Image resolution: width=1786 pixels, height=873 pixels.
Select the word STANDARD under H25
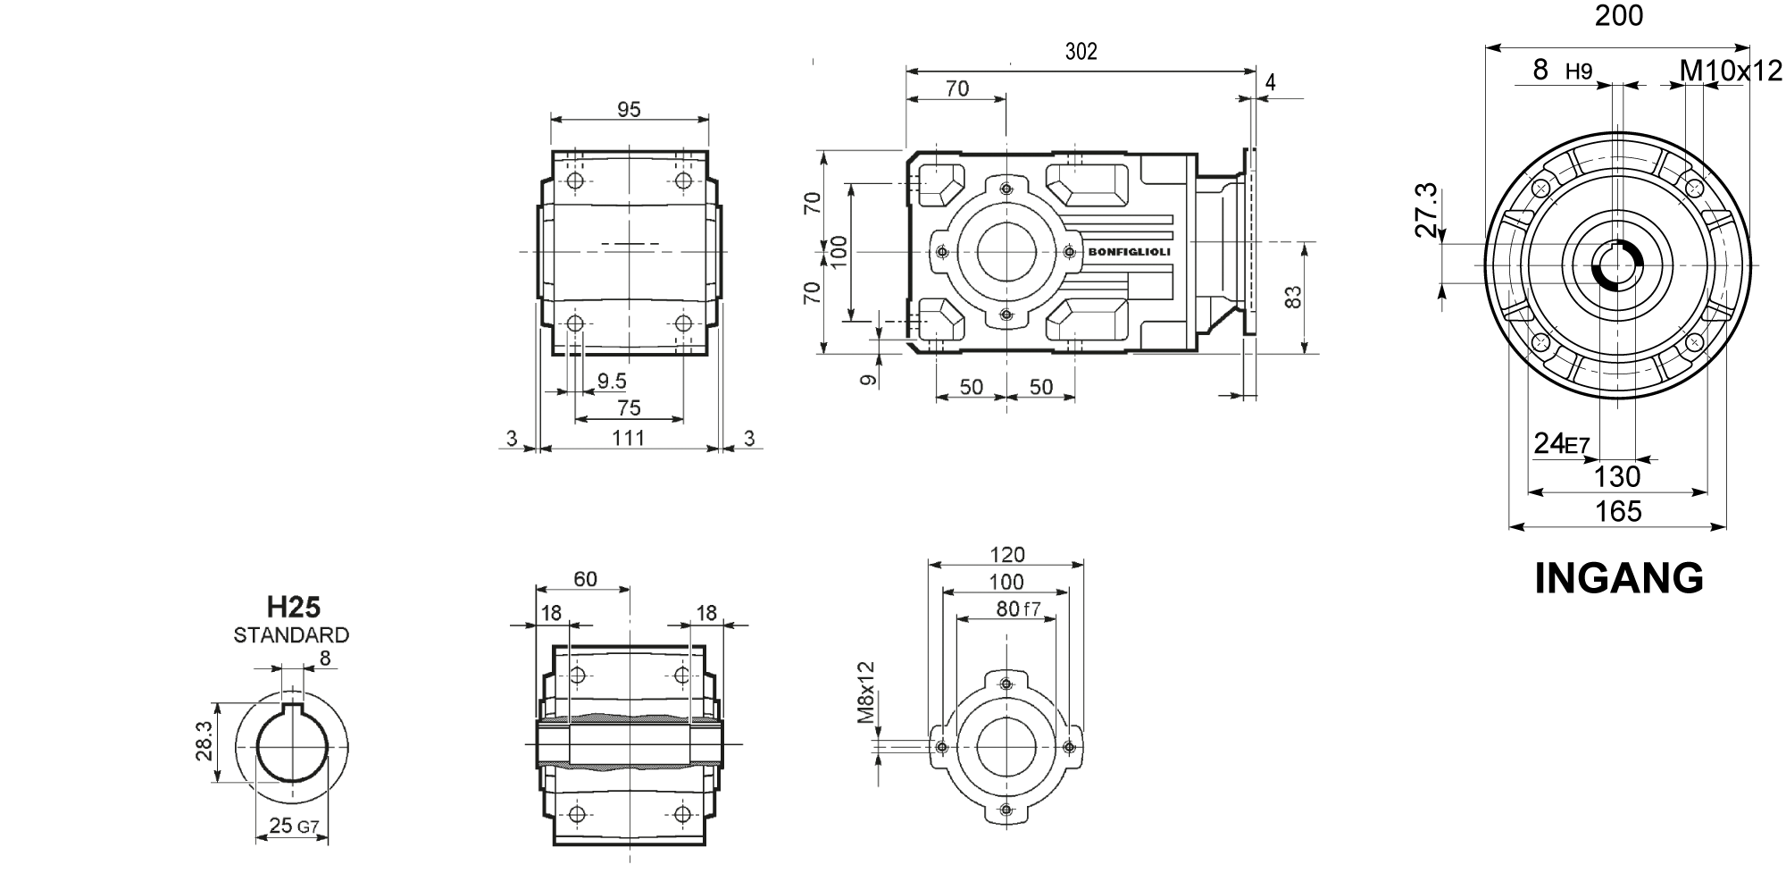(x=291, y=635)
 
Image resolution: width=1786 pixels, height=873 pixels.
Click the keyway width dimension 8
(x=324, y=659)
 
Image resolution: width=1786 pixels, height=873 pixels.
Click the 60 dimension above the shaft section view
(x=585, y=579)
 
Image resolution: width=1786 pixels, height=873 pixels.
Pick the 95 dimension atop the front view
(x=630, y=109)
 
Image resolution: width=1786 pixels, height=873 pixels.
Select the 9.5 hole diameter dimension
(x=611, y=382)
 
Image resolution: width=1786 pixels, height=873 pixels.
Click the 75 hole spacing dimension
(x=630, y=407)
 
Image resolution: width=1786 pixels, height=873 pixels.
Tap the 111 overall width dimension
(x=629, y=438)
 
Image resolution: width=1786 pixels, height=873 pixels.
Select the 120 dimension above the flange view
(x=1007, y=554)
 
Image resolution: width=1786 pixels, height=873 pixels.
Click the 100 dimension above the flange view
(x=1006, y=583)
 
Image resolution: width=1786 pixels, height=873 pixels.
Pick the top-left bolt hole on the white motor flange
(x=1541, y=188)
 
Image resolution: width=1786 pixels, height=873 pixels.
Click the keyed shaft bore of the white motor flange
(x=1616, y=266)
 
